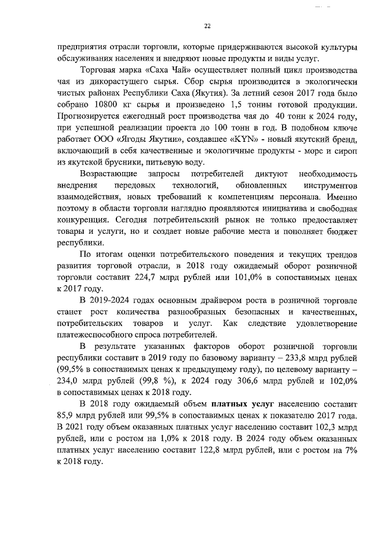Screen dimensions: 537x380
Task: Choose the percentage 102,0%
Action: click(341, 382)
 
